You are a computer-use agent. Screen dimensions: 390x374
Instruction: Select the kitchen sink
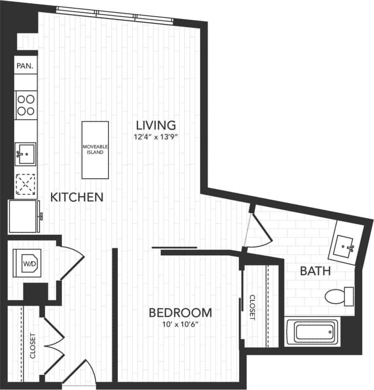coord(25,154)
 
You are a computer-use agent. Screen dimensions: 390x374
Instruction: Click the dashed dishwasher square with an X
coord(25,185)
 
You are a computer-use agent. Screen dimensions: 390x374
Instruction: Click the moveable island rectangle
coord(95,150)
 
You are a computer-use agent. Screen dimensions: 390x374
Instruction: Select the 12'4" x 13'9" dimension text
coord(156,137)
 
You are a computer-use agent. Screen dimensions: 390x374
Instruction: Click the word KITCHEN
coord(77,197)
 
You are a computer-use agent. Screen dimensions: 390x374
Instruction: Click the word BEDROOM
coord(180,312)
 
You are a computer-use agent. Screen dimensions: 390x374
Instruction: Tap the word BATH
coord(315,271)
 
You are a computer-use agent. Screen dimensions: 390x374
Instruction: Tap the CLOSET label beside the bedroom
coord(252,308)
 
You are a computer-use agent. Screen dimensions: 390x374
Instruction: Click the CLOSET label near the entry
coord(33,346)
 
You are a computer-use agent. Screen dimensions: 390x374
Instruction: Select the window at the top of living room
coord(115,14)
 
